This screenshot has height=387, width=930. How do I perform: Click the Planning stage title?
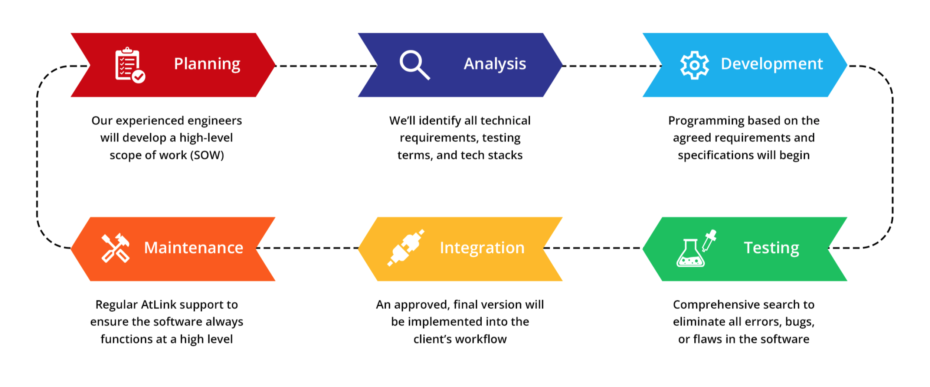tap(207, 64)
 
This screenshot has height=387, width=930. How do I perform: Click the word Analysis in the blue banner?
tap(495, 64)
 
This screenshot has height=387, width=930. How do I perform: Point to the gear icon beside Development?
tap(694, 65)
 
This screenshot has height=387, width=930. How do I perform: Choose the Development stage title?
tap(772, 64)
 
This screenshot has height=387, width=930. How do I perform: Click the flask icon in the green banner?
tap(690, 254)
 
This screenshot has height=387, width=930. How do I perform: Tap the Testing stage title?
tap(771, 248)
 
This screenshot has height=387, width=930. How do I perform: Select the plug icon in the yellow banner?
tap(406, 248)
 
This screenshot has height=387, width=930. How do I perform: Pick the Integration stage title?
tap(482, 248)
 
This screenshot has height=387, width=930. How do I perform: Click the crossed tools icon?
tap(115, 248)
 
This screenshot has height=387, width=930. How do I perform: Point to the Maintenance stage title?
tap(193, 248)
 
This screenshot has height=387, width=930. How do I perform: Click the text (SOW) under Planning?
tap(207, 155)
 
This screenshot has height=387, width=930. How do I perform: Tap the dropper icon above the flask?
tap(709, 240)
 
